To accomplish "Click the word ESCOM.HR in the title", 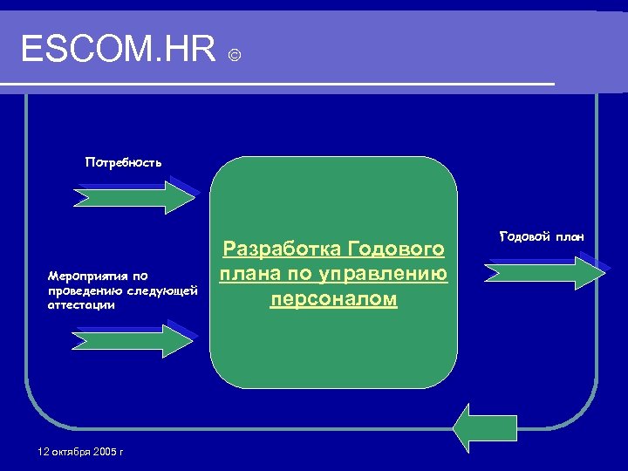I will tap(118, 51).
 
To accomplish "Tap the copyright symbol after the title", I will tap(234, 56).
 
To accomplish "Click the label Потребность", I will tap(123, 162).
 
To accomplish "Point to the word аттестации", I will tap(82, 305).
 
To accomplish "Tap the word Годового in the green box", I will tap(397, 250).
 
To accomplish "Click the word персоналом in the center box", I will tap(334, 299).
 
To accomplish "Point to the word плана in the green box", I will tap(248, 275).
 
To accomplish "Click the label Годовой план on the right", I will tap(542, 236).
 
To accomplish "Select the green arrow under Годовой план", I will tap(544, 271).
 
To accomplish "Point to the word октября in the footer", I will tap(69, 452).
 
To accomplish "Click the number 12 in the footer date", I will tap(44, 452).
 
